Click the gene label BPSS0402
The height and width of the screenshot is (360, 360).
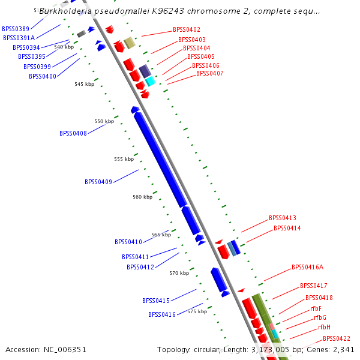coord(187,29)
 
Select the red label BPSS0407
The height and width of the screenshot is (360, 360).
coord(209,73)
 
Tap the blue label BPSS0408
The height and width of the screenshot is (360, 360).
coord(73,133)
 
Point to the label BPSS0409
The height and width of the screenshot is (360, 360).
coord(98,182)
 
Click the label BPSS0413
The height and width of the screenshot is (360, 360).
coord(283,218)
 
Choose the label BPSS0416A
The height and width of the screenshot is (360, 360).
coord(307,268)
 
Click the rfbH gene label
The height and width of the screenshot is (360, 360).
coord(324,328)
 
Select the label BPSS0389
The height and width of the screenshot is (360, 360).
coord(16,29)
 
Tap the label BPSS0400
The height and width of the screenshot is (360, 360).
coord(43,76)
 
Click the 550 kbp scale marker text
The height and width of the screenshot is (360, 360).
coord(104,121)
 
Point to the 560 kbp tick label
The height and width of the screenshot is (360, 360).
coord(142,197)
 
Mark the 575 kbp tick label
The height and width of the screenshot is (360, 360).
coord(197,311)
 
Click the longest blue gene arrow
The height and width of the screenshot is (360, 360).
coord(160,158)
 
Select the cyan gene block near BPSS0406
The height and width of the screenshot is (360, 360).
coord(150,80)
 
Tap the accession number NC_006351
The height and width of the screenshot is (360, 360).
coord(46,349)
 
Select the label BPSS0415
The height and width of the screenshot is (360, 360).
coord(155,301)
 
